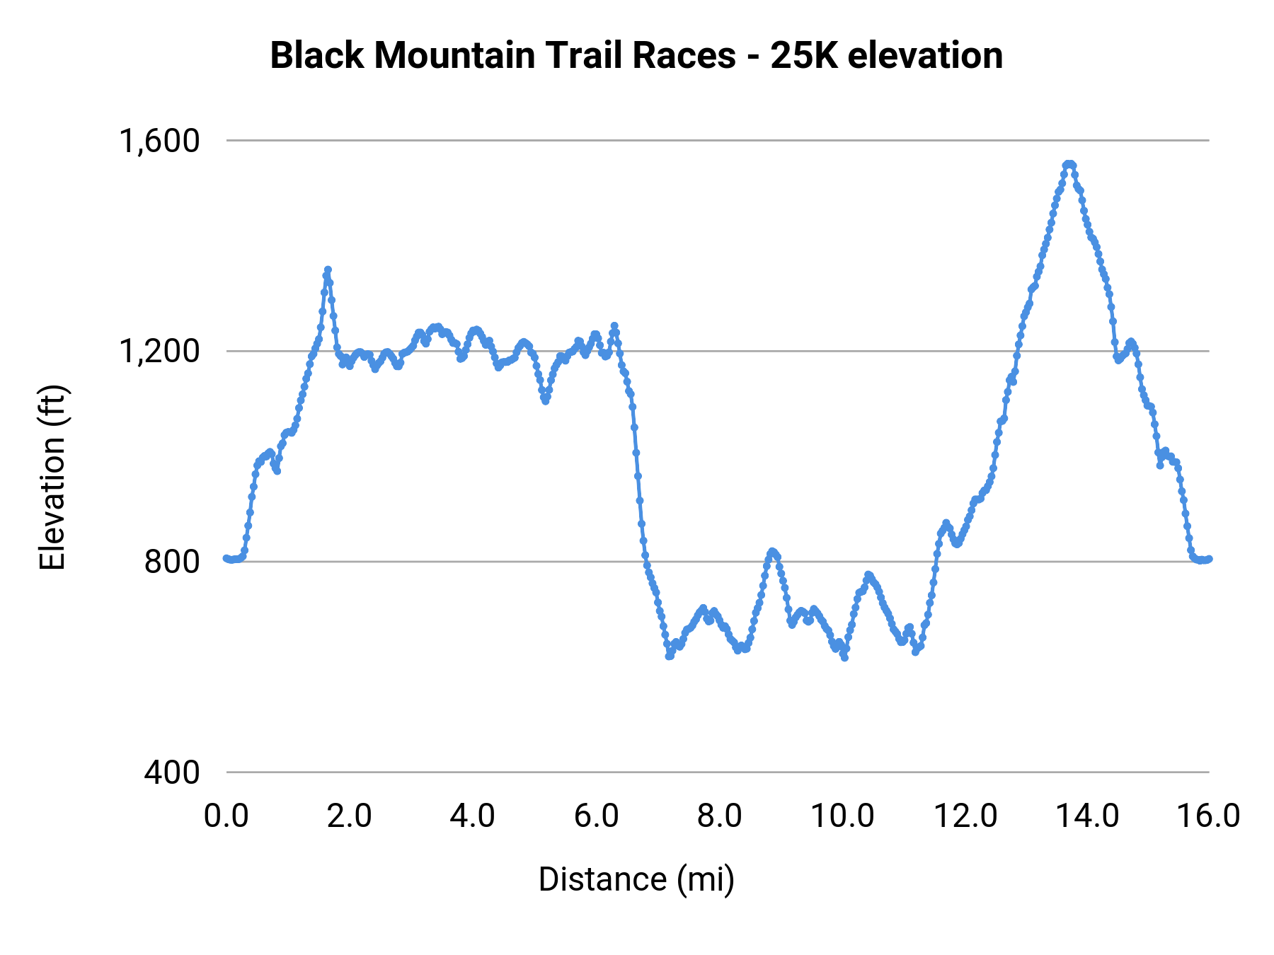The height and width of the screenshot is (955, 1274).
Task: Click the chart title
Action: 636,55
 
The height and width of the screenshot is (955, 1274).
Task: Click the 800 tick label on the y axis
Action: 172,562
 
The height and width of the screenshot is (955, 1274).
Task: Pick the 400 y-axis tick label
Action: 172,772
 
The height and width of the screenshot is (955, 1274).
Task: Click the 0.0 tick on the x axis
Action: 226,816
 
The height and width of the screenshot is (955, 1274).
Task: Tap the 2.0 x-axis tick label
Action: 350,816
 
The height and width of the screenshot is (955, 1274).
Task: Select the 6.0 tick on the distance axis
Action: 596,816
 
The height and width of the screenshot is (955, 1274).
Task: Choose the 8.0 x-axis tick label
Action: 719,816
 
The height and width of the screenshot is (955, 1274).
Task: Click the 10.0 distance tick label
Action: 842,816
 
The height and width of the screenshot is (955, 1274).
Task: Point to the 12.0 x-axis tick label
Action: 965,816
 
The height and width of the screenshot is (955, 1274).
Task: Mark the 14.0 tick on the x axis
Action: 1088,816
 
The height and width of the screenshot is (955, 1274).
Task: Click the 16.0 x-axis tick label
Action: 1208,816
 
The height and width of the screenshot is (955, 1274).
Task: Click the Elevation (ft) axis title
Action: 52,477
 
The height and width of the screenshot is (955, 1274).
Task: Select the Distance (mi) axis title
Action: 636,879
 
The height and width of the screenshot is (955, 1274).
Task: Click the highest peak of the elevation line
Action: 1069,164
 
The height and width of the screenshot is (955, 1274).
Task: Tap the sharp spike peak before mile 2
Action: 328,270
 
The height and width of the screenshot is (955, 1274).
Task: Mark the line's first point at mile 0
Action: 226,558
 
